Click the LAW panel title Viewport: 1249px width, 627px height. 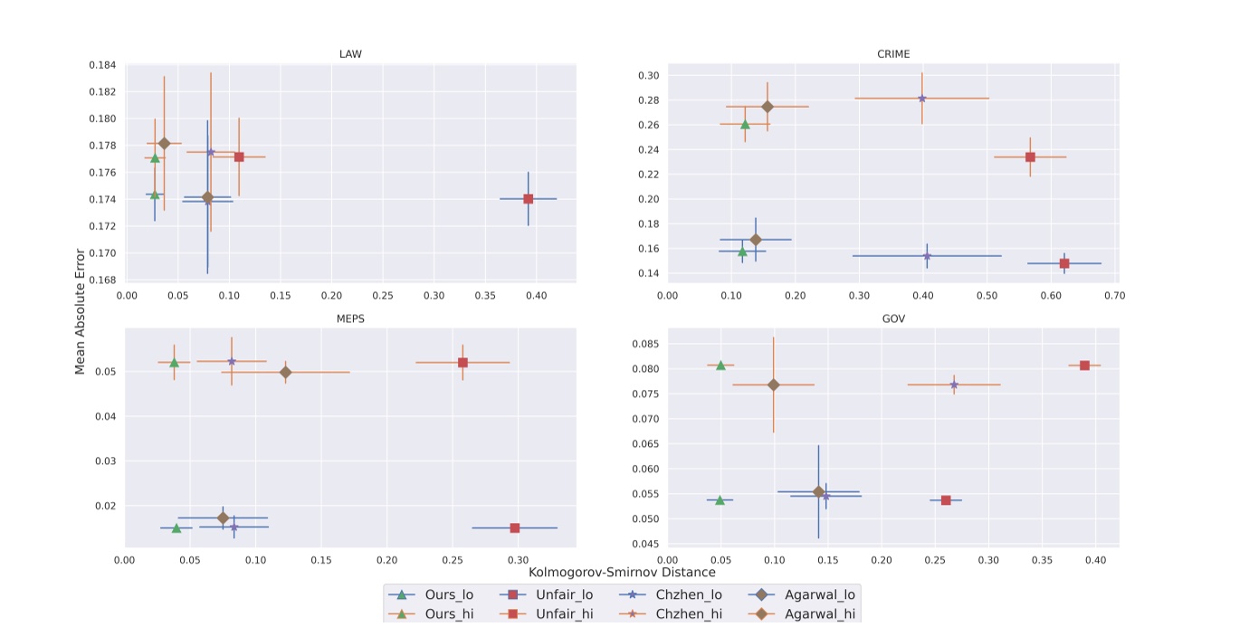click(x=350, y=54)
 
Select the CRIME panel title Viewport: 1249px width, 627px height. click(x=893, y=54)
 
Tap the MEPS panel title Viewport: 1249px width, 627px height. click(x=350, y=318)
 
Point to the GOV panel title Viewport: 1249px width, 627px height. click(x=893, y=318)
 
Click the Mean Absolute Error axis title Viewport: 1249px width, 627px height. click(x=80, y=311)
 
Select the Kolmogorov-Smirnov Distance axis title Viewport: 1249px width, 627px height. click(x=622, y=572)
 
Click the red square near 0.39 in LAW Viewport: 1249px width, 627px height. click(x=528, y=199)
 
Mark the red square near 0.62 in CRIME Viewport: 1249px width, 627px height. click(x=1064, y=263)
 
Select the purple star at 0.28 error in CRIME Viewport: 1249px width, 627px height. click(x=922, y=98)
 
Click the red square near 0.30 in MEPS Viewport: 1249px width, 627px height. click(x=515, y=527)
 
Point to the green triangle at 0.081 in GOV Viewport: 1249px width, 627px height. click(x=720, y=366)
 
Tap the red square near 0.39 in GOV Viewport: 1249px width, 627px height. click(x=1084, y=366)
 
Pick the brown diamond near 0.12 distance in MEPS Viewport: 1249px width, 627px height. click(x=286, y=372)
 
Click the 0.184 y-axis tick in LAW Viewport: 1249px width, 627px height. click(x=101, y=65)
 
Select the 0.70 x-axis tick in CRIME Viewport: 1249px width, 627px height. click(x=1114, y=295)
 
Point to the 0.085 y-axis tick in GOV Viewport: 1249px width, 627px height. click(x=644, y=344)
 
